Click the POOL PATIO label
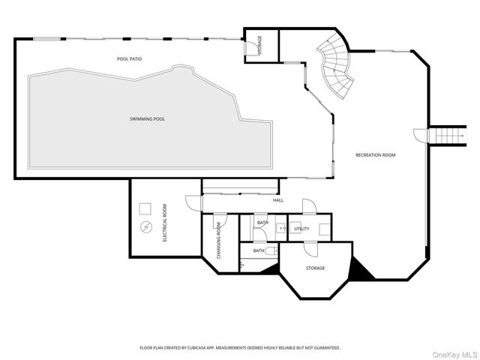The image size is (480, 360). coord(129,58)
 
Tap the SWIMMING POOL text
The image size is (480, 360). coord(147,118)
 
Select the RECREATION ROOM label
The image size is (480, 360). coord(375,155)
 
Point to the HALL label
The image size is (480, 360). coord(278,200)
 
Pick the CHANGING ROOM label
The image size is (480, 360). coord(218,240)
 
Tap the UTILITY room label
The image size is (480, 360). coord(301,229)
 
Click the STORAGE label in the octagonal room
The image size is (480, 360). coord(315,268)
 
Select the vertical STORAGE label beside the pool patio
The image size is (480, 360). coord(260,45)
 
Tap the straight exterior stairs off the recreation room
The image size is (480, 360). coord(447,136)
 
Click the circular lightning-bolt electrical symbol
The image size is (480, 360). coord(145,227)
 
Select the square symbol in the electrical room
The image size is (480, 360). coord(145,208)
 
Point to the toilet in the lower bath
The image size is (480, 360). coord(271,251)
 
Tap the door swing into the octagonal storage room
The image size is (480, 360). coord(311,249)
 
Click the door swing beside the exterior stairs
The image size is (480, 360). coord(420,135)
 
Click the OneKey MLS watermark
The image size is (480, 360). coord(454,355)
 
